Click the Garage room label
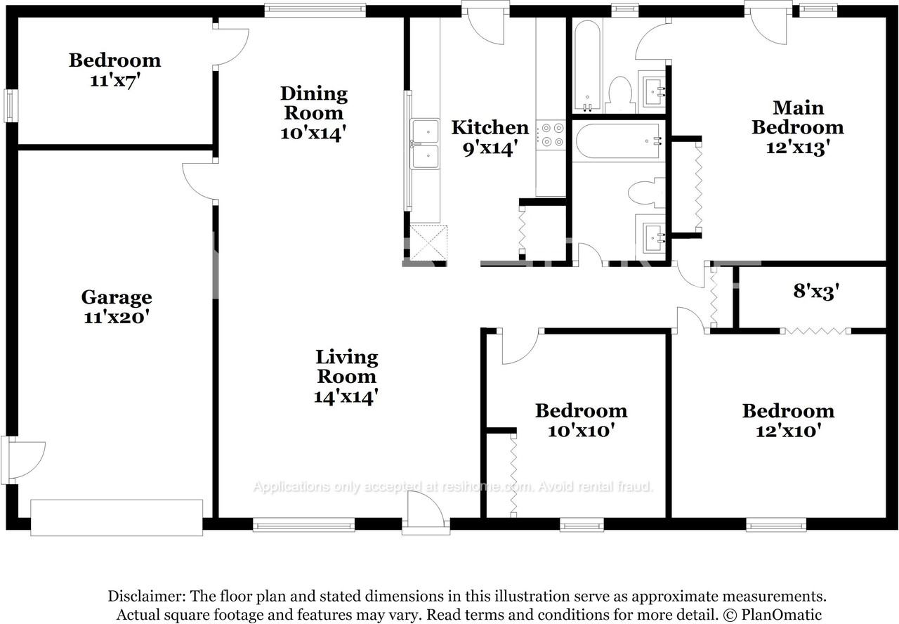click(x=116, y=307)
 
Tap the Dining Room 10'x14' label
click(x=313, y=113)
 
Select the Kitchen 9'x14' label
click(x=490, y=137)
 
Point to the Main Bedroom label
click(x=797, y=127)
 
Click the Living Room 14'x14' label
click(x=346, y=377)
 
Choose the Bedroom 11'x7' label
click(x=114, y=70)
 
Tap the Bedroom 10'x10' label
click(x=581, y=420)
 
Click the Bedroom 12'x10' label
click(x=788, y=420)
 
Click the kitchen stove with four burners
click(x=551, y=135)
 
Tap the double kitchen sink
click(x=425, y=144)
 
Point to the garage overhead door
click(x=117, y=517)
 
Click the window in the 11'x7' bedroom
click(x=11, y=105)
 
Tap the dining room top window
click(x=315, y=10)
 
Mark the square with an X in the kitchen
click(x=428, y=242)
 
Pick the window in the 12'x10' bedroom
click(x=775, y=524)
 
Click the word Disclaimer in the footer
click(x=146, y=597)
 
